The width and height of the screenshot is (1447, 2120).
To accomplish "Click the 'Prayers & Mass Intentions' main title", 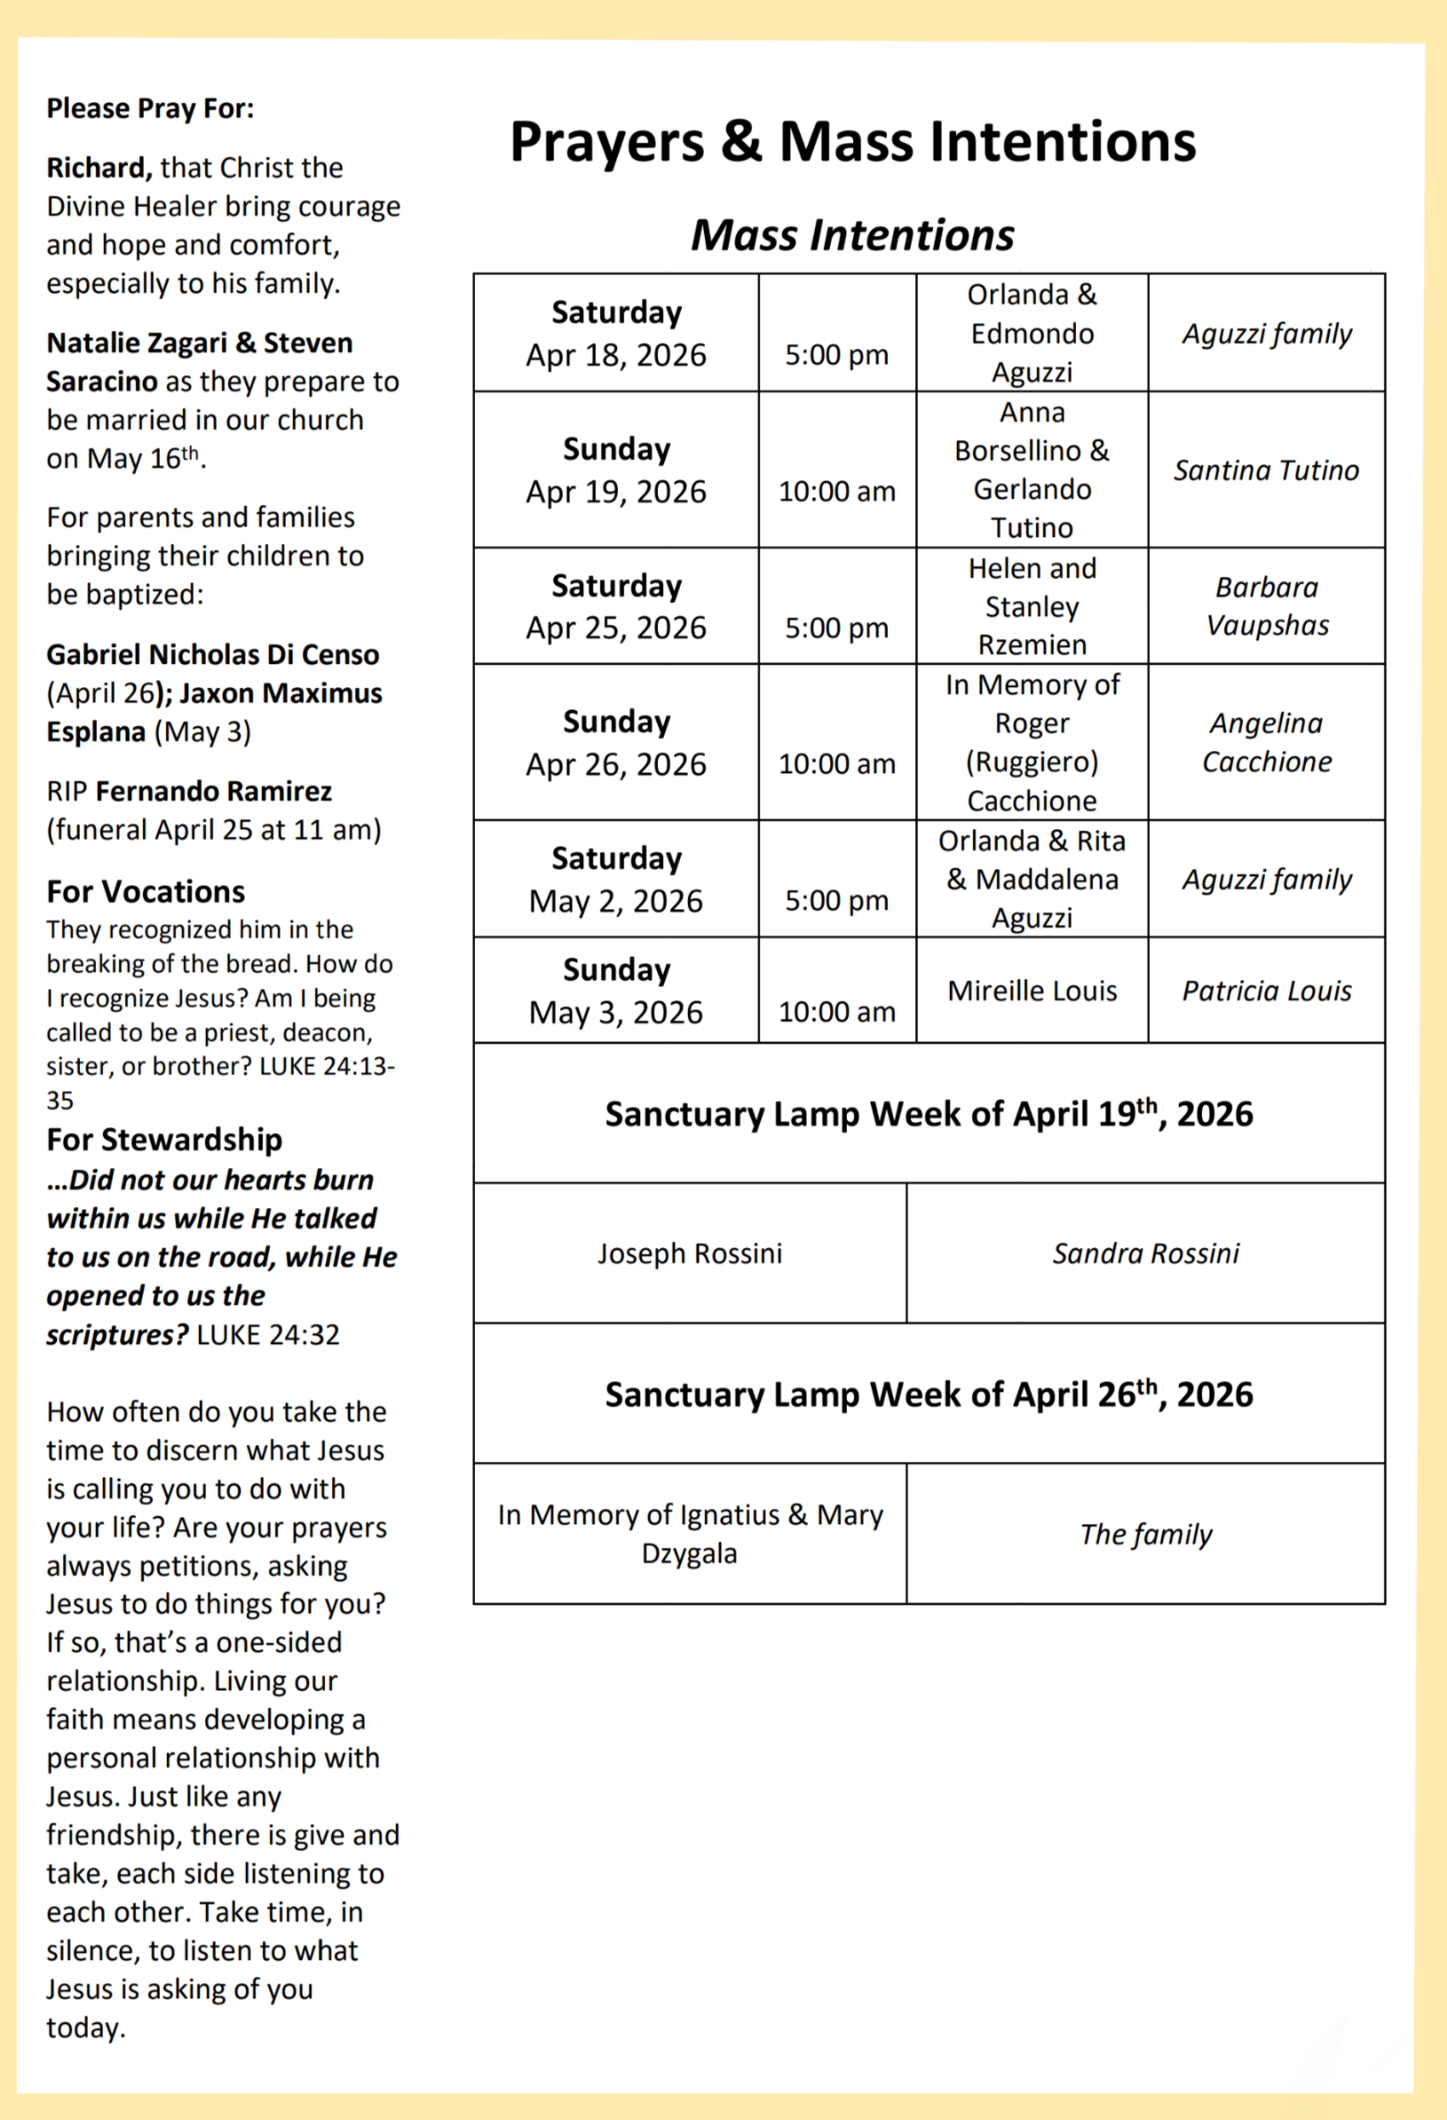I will click(852, 142).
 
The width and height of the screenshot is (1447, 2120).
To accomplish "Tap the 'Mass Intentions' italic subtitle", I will click(852, 235).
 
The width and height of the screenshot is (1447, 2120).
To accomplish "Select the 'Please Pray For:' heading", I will click(151, 108).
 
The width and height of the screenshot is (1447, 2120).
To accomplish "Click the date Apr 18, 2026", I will click(616, 355).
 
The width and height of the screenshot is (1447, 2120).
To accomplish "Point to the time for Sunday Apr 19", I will click(836, 491).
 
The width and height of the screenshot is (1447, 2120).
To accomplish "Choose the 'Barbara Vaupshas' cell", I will click(1267, 605).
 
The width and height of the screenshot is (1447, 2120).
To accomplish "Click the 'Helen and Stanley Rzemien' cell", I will click(1032, 605).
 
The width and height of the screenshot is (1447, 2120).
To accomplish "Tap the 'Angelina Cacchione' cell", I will click(1267, 741).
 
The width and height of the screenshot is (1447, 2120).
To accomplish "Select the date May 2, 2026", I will click(616, 901).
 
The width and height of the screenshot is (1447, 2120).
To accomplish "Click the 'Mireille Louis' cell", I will click(1032, 991).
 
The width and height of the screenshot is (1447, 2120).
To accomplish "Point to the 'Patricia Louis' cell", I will click(1267, 991).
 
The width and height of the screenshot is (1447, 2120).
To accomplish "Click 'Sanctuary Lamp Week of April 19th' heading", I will click(929, 1114).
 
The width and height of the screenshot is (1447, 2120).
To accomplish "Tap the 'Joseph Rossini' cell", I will click(690, 1254).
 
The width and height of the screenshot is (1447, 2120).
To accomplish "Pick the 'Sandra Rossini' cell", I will click(1146, 1254).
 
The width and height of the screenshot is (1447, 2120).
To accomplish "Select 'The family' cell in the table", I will click(1146, 1534).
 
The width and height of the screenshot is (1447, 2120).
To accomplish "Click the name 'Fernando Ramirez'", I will click(213, 791).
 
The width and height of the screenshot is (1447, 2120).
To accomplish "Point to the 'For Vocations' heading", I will click(146, 891).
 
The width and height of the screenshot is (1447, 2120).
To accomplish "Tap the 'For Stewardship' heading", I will click(164, 1139).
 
